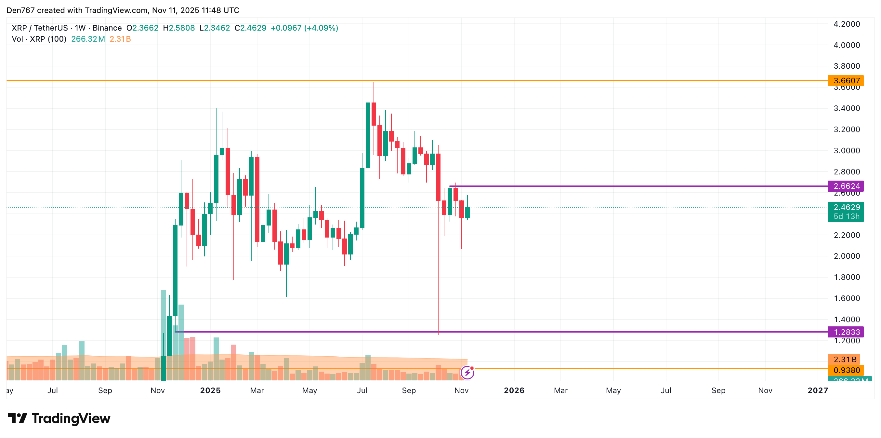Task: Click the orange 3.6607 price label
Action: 846,81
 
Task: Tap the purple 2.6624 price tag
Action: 846,186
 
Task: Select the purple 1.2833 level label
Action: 846,332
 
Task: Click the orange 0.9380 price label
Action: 846,370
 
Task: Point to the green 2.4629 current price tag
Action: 846,208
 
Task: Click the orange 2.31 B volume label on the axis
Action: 844,359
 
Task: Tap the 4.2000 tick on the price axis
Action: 847,24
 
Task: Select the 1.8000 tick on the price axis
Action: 847,277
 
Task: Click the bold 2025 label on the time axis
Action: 210,390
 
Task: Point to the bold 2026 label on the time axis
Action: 514,390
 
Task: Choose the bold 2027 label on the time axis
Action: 818,390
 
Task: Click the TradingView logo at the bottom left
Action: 59,418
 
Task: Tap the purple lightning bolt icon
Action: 467,372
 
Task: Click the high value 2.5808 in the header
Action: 182,28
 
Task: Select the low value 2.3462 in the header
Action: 217,28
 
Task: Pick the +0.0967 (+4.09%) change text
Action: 304,28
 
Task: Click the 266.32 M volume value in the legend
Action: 88,39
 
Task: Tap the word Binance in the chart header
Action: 107,28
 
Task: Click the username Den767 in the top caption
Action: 20,10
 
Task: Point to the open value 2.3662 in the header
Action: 145,28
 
